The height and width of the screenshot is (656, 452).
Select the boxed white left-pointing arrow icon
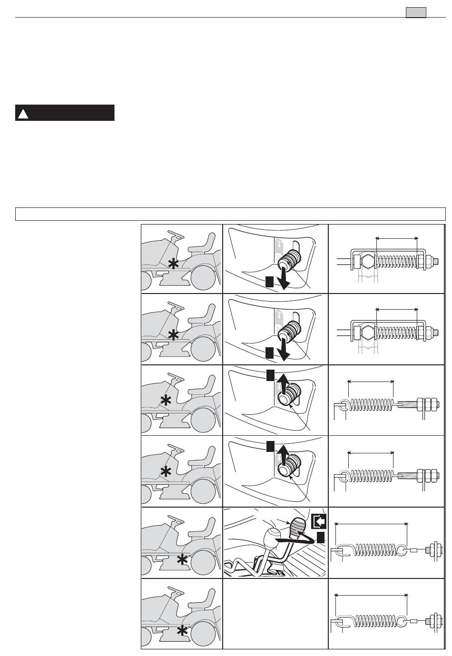318,522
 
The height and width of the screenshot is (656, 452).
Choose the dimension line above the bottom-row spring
372,595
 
